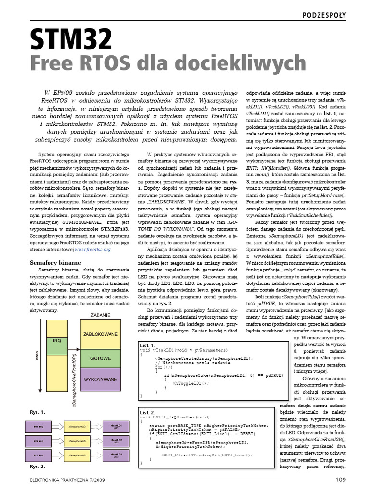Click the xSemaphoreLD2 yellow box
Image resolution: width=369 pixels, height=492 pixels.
point(78,440)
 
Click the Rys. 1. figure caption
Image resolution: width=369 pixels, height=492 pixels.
point(37,412)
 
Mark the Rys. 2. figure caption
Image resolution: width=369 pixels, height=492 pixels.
point(37,467)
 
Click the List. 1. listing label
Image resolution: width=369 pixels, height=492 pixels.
point(148,345)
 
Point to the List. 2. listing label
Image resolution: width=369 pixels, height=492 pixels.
point(148,413)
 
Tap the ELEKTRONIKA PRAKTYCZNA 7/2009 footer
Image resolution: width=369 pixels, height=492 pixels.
point(66,479)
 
